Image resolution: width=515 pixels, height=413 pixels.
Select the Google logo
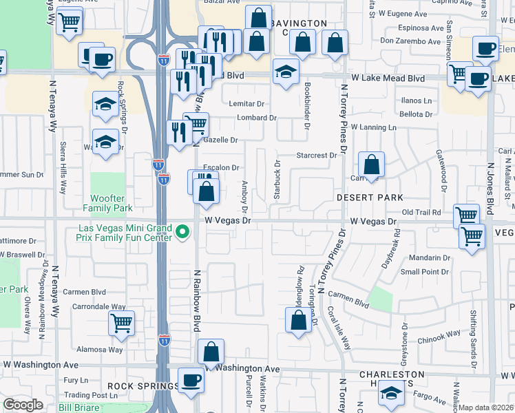point(23,405)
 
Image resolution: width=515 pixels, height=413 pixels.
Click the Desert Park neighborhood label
point(370,198)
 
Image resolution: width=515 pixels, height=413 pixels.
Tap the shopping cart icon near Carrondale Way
point(121,322)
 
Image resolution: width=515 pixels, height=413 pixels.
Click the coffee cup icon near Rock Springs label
point(191,379)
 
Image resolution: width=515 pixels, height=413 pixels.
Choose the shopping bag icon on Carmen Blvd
point(298,320)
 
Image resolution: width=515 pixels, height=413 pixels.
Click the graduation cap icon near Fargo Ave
point(390,394)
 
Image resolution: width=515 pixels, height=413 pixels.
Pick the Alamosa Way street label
point(101,350)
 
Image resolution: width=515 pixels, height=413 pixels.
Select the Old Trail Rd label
point(421,212)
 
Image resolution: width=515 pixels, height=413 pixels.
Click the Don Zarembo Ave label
point(410,41)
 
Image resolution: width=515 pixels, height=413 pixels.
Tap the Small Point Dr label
point(425,272)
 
